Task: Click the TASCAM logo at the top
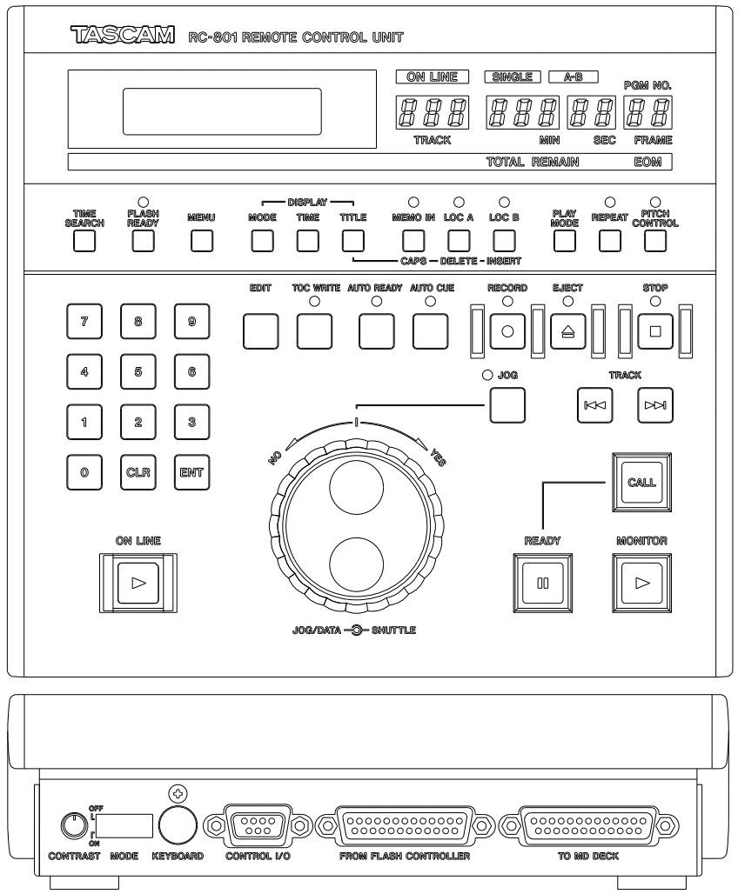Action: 123,38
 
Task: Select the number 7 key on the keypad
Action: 84,320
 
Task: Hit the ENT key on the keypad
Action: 191,473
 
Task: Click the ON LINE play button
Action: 138,583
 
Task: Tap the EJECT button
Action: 567,332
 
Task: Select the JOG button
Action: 507,403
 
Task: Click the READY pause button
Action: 541,583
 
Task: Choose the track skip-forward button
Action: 655,404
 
